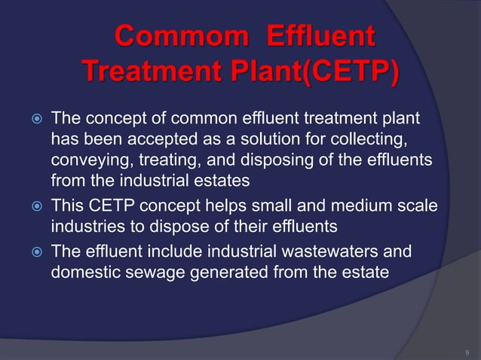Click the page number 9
click(x=467, y=351)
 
